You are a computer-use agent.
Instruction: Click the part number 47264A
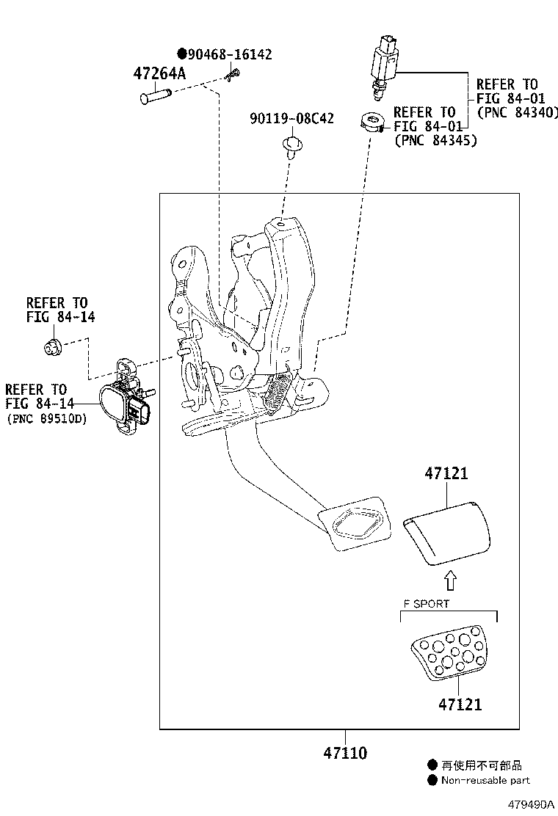coord(159,73)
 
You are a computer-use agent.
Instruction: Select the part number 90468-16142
coord(230,54)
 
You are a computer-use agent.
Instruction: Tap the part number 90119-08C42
coord(291,118)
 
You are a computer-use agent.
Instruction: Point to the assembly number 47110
coord(345,753)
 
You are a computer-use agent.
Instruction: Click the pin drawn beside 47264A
coord(155,96)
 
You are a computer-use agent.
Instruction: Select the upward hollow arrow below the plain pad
coord(450,581)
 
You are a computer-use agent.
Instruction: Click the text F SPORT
coord(425,604)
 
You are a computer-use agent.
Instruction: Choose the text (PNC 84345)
coord(435,140)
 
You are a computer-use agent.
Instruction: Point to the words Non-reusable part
coord(485,780)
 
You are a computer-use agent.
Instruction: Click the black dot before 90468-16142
coord(182,54)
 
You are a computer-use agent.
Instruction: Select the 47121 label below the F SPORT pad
coord(460,704)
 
